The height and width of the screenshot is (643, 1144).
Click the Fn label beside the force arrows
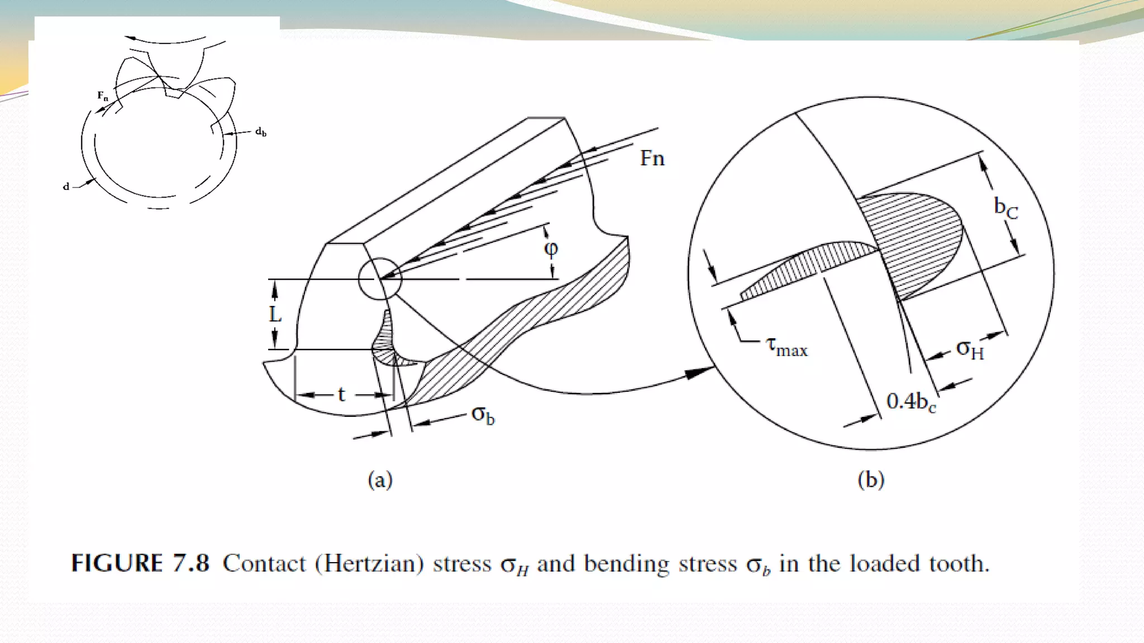652,159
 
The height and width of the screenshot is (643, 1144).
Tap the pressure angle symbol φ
551,248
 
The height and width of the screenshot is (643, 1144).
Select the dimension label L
275,314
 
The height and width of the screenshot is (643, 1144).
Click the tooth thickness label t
341,395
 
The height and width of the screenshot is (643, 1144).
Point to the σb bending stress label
483,415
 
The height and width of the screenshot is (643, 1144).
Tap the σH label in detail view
970,349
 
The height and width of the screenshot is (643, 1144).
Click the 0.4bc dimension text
911,402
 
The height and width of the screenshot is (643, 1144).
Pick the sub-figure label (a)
380,480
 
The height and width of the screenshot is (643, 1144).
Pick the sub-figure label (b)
871,480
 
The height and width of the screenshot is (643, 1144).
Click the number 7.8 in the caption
190,563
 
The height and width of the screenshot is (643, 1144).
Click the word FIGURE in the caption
117,563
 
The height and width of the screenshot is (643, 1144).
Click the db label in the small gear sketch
261,132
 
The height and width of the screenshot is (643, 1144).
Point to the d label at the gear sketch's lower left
66,186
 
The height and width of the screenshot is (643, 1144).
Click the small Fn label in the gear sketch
103,95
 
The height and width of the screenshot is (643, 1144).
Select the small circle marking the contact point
380,279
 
